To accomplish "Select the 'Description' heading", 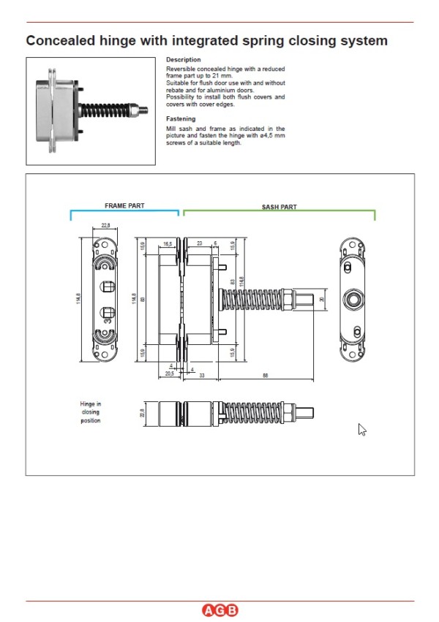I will (x=183, y=60).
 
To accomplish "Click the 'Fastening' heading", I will (x=181, y=118).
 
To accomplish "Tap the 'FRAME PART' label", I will (x=124, y=206).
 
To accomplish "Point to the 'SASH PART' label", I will (x=279, y=207).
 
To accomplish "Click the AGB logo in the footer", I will (x=219, y=611).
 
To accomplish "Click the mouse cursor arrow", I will (x=361, y=429).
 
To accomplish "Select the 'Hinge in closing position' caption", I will (x=91, y=411).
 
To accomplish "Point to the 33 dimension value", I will (x=200, y=376).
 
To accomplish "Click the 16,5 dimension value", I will (x=168, y=243).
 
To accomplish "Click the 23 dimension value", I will (x=199, y=243).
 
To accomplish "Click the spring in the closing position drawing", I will (x=248, y=411).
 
